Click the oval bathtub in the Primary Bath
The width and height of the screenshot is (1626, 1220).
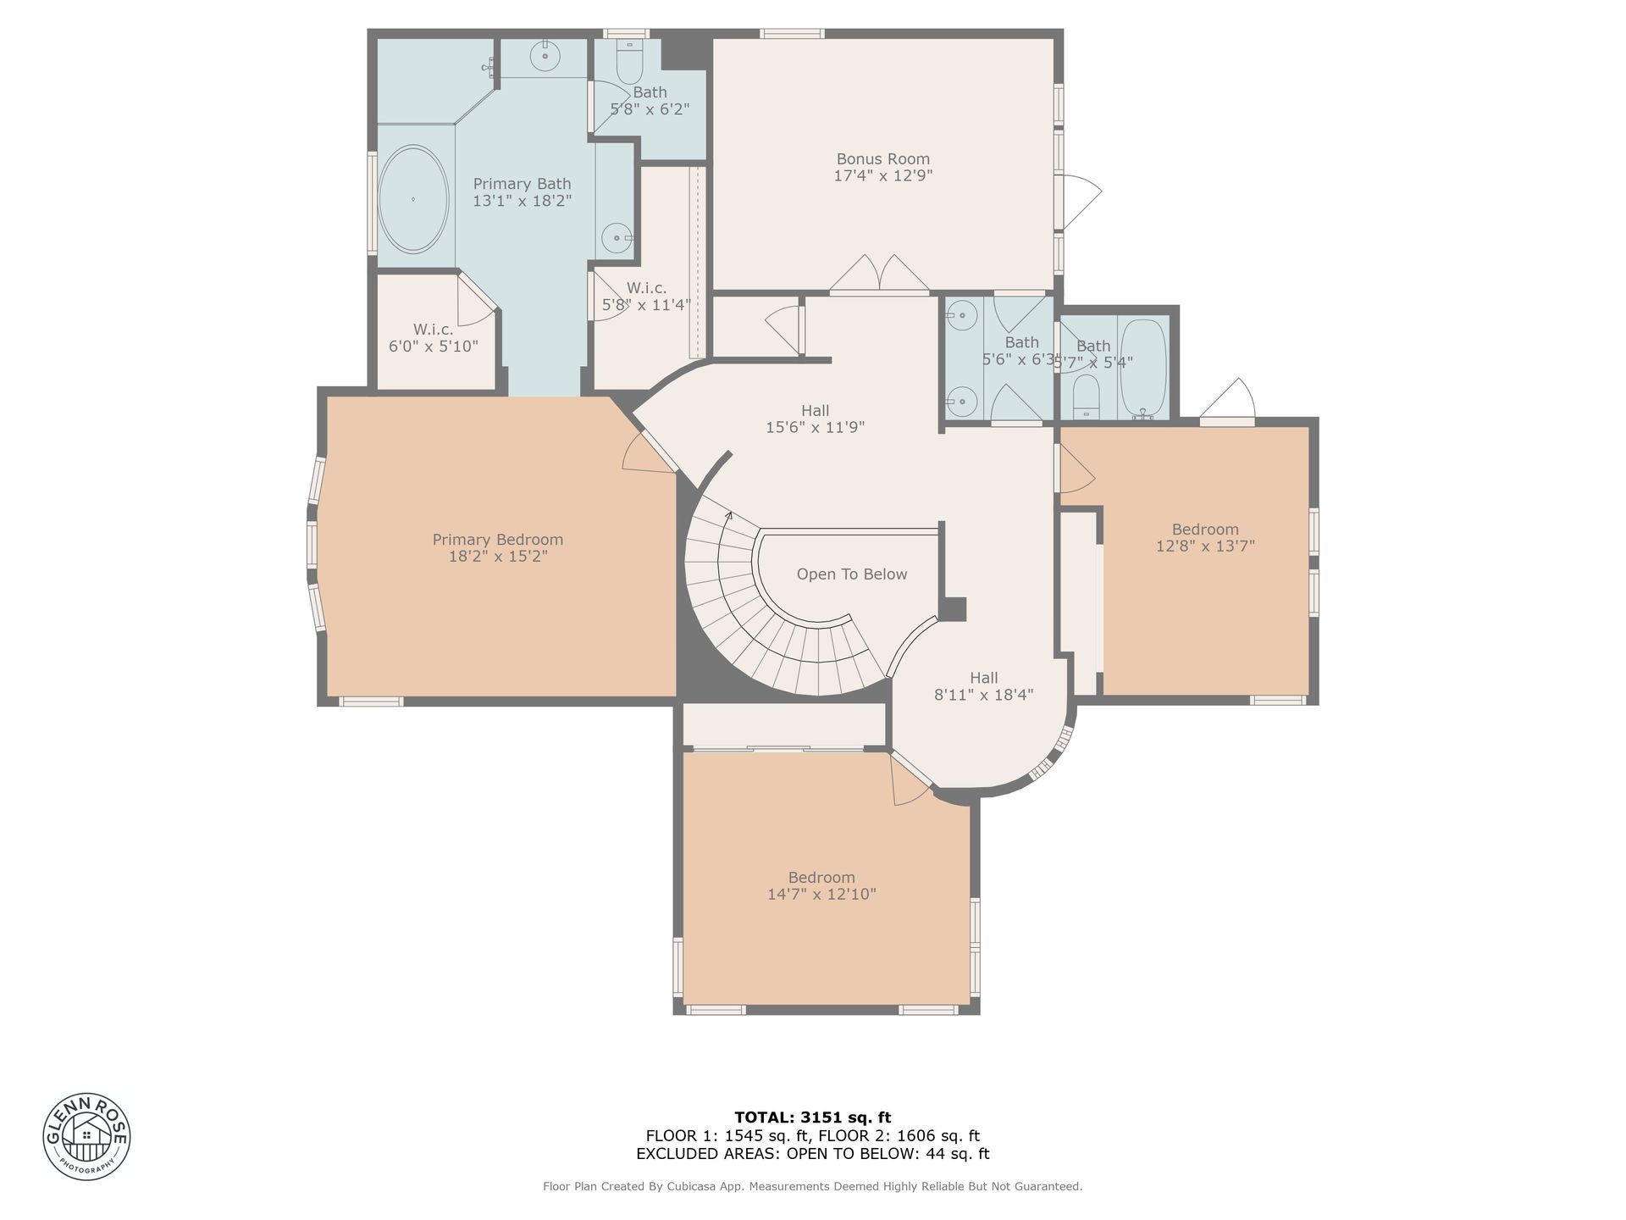click(412, 199)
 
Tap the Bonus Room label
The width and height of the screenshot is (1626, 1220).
click(883, 158)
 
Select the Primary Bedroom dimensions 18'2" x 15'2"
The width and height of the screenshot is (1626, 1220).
click(498, 557)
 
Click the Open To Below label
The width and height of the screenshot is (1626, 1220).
click(852, 574)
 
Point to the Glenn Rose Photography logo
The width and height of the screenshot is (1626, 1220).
click(87, 1136)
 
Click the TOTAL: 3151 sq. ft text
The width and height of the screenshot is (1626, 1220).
click(813, 1117)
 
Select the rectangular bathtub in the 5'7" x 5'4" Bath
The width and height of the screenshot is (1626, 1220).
click(1143, 369)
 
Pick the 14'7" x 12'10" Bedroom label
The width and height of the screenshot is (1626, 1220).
click(821, 886)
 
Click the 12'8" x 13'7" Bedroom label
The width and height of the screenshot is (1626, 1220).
click(1205, 538)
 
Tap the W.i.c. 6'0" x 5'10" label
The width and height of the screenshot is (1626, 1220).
click(434, 337)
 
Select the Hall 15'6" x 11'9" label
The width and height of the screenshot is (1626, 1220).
click(815, 419)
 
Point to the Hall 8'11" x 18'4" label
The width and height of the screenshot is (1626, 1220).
click(984, 686)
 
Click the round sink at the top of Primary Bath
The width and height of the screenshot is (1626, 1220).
click(545, 56)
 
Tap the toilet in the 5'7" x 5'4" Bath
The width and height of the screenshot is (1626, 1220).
click(1086, 398)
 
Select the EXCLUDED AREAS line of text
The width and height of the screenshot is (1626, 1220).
click(813, 1153)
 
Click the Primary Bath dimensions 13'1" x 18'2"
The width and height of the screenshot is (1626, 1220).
click(523, 201)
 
